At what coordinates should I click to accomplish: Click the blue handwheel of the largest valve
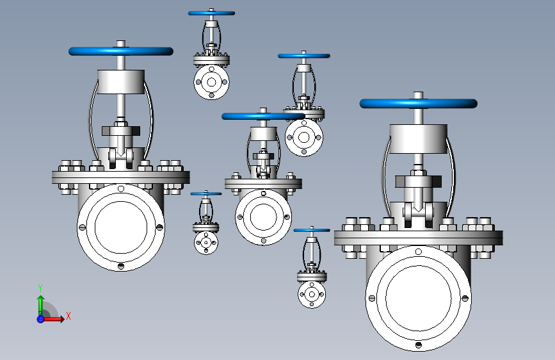(419, 104)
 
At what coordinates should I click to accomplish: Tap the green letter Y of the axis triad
(40, 288)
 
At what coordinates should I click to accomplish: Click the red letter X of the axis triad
(68, 316)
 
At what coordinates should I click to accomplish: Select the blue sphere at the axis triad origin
(40, 319)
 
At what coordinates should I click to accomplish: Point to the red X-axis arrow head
(62, 319)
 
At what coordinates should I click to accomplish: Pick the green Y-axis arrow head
(40, 299)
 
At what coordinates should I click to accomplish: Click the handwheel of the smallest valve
(206, 193)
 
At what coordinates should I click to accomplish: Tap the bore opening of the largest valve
(419, 298)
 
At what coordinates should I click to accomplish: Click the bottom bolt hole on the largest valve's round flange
(419, 345)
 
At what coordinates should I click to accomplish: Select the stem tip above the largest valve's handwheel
(419, 95)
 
